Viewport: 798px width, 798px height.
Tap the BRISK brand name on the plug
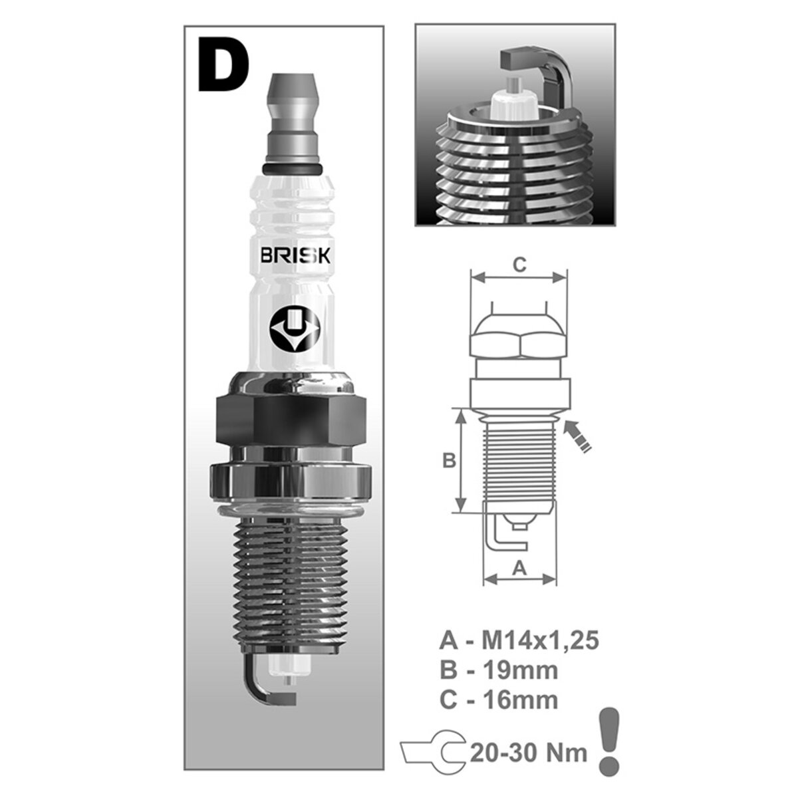293,257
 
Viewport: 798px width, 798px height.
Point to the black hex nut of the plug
291,419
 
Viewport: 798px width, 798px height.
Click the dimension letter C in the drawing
519,265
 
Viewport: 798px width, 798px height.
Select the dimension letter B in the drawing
450,460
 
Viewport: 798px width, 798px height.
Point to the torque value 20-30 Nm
529,753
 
